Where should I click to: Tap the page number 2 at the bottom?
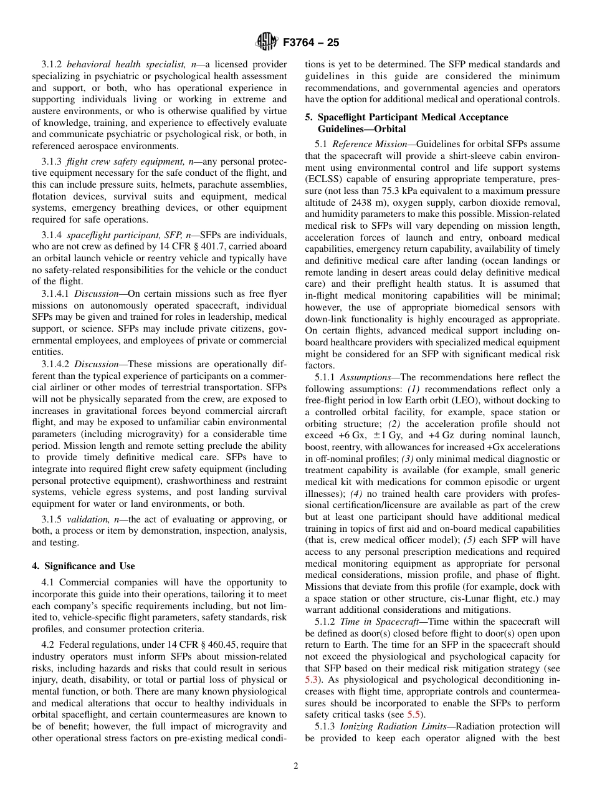point(296,766)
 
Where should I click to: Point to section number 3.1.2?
point(52,64)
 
